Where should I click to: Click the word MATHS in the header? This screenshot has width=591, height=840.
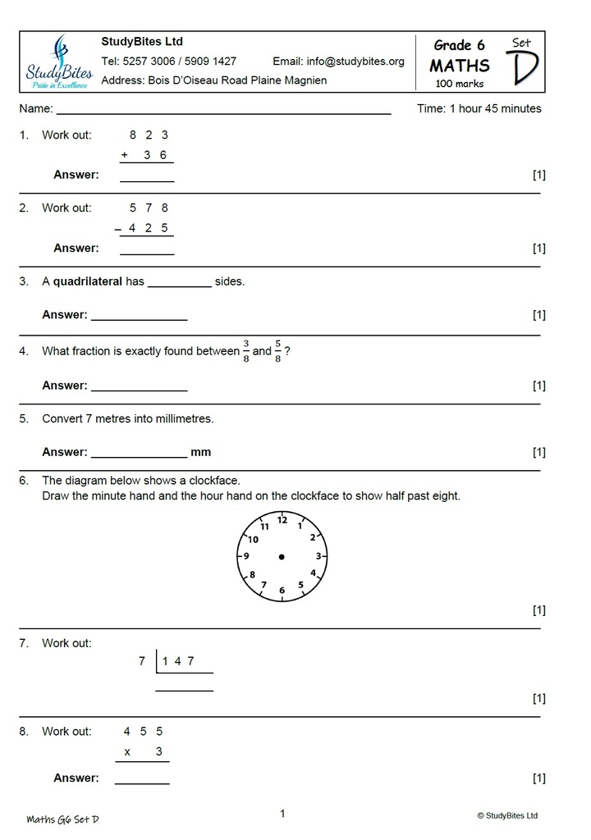pyautogui.click(x=460, y=66)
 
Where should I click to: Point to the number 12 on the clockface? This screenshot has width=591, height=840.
pyautogui.click(x=282, y=519)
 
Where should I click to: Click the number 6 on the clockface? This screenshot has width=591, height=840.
pyautogui.click(x=282, y=591)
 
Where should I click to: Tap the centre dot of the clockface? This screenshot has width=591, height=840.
pyautogui.click(x=282, y=557)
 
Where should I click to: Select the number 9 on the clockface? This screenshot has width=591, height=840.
pyautogui.click(x=246, y=556)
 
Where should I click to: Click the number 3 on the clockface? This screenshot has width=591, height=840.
pyautogui.click(x=318, y=556)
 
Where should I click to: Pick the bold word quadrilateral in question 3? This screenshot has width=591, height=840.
pyautogui.click(x=88, y=281)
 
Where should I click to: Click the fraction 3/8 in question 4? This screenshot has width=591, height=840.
pyautogui.click(x=245, y=350)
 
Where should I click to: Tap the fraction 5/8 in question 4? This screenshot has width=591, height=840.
pyautogui.click(x=277, y=350)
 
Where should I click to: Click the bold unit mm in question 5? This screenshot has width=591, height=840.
pyautogui.click(x=201, y=452)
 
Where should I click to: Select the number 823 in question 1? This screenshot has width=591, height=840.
pyautogui.click(x=149, y=135)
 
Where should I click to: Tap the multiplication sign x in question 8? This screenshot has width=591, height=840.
pyautogui.click(x=127, y=751)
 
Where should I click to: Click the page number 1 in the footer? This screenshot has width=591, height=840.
pyautogui.click(x=282, y=814)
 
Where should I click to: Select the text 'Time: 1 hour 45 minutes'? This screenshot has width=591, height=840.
pyautogui.click(x=479, y=108)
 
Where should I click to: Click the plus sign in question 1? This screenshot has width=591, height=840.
pyautogui.click(x=125, y=155)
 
